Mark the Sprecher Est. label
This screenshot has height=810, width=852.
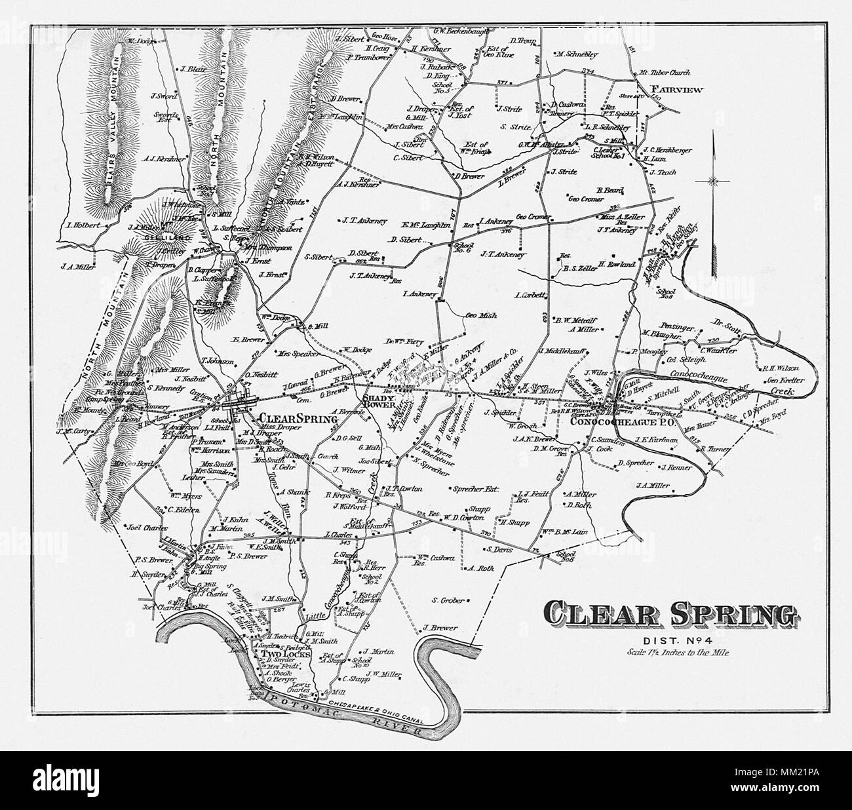[473, 489]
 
